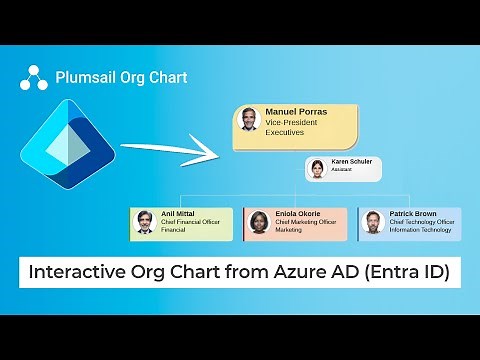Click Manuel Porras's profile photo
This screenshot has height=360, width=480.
click(248, 119)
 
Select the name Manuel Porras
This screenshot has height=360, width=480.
click(296, 111)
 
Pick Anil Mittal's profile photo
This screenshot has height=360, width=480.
click(145, 222)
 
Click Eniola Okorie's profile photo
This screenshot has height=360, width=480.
click(260, 222)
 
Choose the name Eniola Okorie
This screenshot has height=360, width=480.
click(298, 214)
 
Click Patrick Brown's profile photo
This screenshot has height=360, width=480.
click(373, 222)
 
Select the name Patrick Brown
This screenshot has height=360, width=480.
click(412, 214)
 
